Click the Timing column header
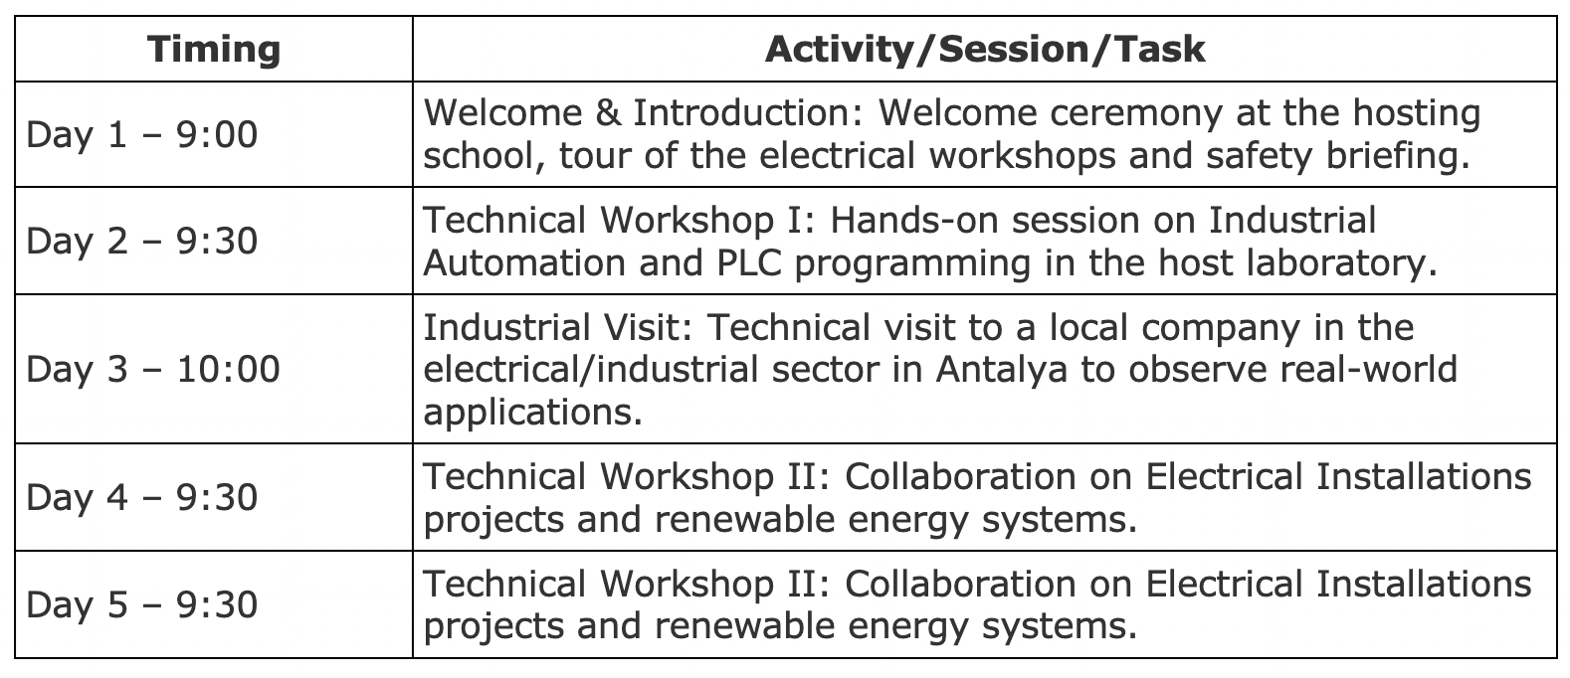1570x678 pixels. [214, 49]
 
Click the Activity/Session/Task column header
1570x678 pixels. [985, 49]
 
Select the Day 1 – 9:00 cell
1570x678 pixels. [141, 134]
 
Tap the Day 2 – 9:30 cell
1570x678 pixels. [141, 241]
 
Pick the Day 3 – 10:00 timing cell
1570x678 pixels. [153, 369]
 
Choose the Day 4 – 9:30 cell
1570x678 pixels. [141, 497]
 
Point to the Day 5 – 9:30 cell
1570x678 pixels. [141, 604]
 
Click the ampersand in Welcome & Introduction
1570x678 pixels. [608, 112]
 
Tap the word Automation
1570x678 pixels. [525, 263]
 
